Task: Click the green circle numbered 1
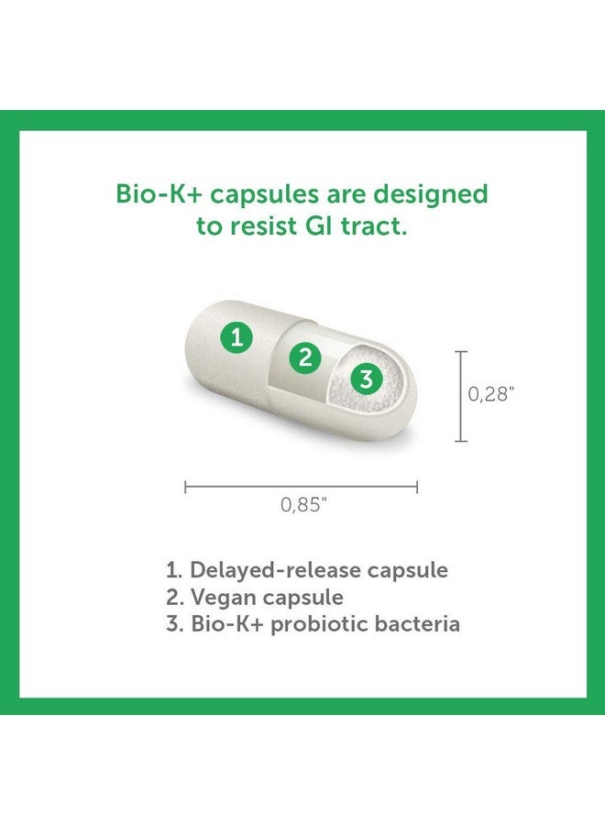click(237, 338)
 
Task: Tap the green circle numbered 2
click(306, 357)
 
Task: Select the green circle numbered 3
click(366, 379)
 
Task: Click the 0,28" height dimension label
click(492, 394)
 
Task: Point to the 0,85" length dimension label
click(303, 505)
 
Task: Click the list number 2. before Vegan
click(174, 597)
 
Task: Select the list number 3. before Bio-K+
click(174, 624)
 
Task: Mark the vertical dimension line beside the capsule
click(461, 396)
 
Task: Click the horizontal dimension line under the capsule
click(302, 487)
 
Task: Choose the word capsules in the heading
click(252, 196)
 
